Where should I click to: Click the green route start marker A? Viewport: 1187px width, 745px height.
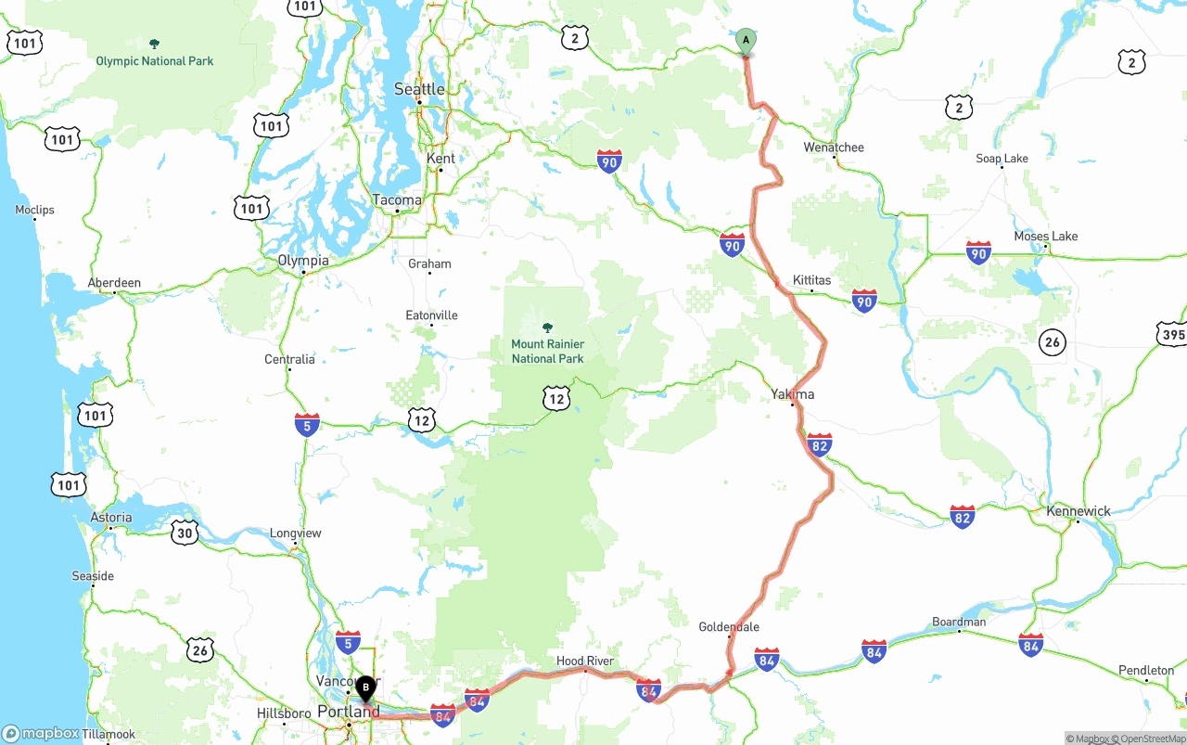pos(746,41)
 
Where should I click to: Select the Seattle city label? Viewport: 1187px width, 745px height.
pos(419,89)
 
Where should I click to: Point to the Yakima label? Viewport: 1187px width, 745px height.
pos(793,394)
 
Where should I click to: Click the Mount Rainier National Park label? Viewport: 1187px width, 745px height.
pos(547,351)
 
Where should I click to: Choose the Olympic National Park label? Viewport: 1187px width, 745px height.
pos(155,61)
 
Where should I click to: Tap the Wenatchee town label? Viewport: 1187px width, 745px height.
pos(834,148)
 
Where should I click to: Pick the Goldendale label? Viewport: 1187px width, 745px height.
pos(729,627)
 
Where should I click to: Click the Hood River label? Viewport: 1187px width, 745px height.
pos(585,661)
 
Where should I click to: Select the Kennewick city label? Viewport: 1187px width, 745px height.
pos(1079,511)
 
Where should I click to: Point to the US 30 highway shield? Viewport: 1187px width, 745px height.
pos(185,532)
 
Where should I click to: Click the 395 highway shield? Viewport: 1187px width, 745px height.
pos(1172,334)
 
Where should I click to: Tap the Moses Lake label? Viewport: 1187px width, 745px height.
pos(1045,236)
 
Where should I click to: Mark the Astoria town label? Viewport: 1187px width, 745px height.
pos(111,517)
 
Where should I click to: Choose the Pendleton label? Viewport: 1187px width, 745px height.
pos(1146,670)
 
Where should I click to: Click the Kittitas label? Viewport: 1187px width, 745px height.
pos(811,280)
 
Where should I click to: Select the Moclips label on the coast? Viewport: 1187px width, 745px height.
pos(34,210)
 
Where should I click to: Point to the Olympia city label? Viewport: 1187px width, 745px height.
pos(303,261)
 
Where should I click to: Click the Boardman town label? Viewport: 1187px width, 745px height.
pos(959,622)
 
